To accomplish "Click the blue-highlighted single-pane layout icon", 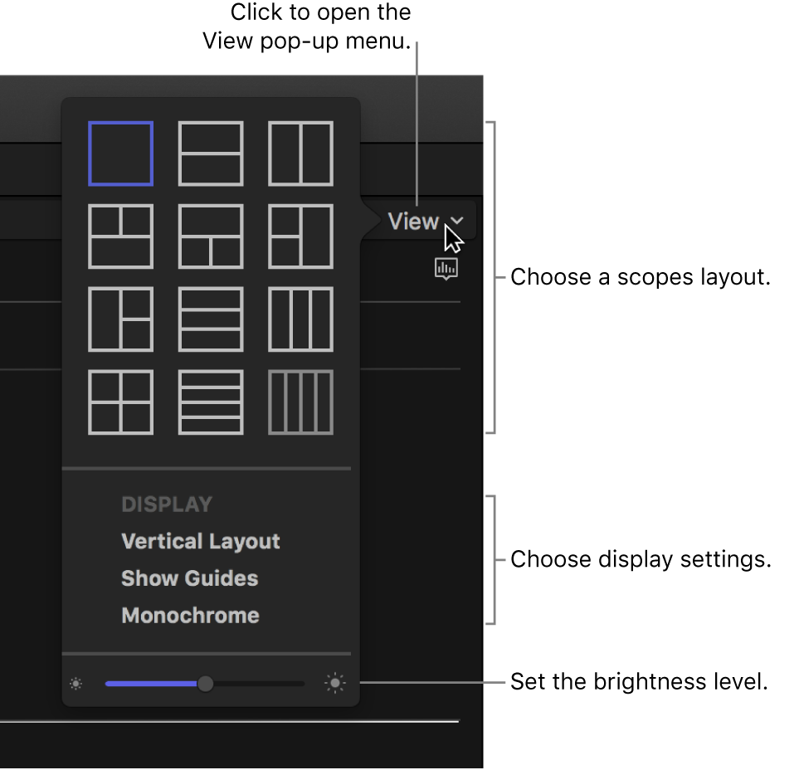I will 121,154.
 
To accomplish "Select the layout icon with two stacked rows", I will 211,154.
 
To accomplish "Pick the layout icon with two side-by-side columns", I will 300,154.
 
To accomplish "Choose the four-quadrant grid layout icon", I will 121,402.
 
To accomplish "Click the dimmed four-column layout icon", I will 300,402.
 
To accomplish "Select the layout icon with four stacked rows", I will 211,402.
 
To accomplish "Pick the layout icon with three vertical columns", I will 300,319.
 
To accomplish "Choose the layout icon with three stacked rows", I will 211,319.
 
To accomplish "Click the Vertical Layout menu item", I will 201,542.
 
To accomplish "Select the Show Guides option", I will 190,578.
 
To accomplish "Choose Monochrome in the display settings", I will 191,616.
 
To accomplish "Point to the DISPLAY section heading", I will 167,504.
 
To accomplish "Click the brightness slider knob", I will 205,684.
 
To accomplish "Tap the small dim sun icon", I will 76,684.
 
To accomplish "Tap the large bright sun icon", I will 335,684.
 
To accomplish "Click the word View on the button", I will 413,222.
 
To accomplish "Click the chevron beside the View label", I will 456,221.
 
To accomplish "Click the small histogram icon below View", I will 446,268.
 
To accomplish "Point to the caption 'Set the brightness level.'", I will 639,682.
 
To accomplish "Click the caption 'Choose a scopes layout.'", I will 641,277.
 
